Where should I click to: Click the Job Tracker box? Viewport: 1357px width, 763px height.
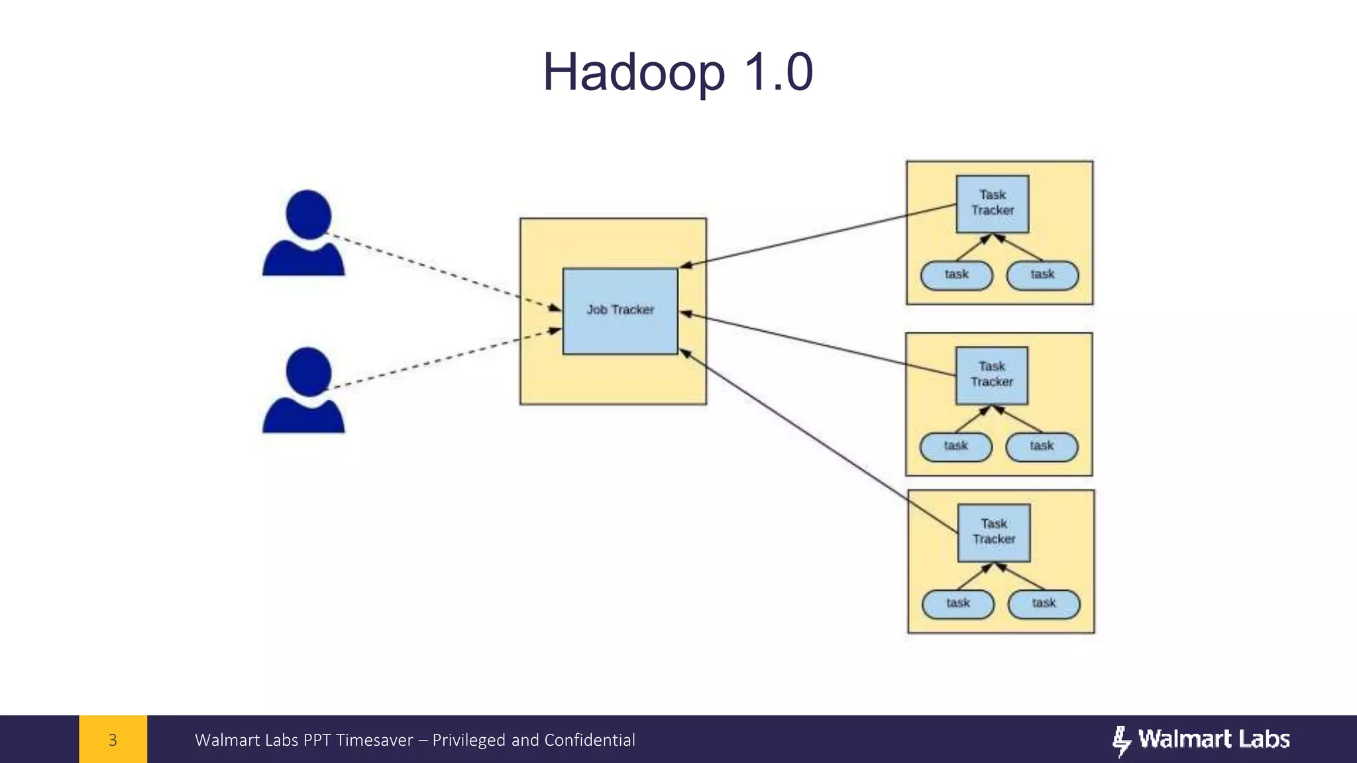coord(620,311)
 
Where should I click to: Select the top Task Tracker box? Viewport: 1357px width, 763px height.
coord(993,203)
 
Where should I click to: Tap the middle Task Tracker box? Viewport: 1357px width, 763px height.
coord(992,375)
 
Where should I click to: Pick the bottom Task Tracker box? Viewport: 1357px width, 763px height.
coord(994,533)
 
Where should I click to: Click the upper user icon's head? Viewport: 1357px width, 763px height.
coord(308,214)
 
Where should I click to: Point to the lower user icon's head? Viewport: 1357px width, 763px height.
coord(308,371)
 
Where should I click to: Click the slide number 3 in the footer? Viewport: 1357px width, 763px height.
coord(113,740)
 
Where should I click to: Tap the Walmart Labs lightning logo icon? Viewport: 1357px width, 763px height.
coord(1121,740)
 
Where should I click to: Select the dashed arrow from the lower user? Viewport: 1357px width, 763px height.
coord(444,358)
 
